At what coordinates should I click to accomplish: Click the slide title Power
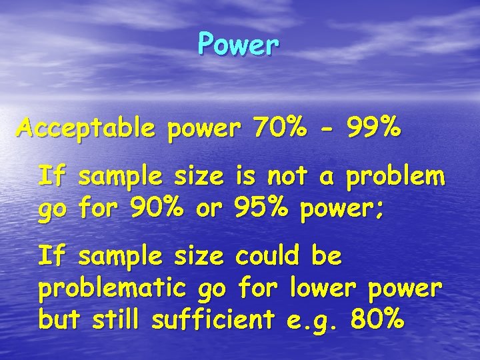click(x=238, y=45)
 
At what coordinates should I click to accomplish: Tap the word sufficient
click(x=213, y=320)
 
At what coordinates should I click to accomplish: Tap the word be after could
click(x=326, y=256)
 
